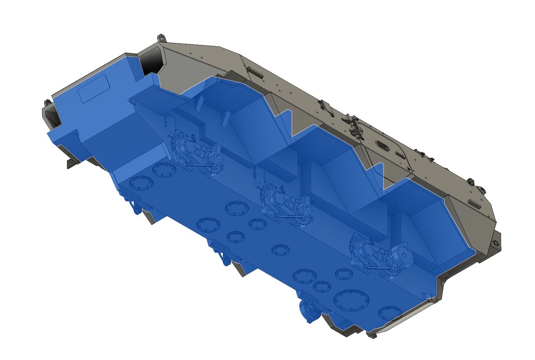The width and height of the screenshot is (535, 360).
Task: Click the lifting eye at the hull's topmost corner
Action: point(161,37)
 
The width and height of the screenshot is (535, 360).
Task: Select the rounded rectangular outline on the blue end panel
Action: point(94,89)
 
